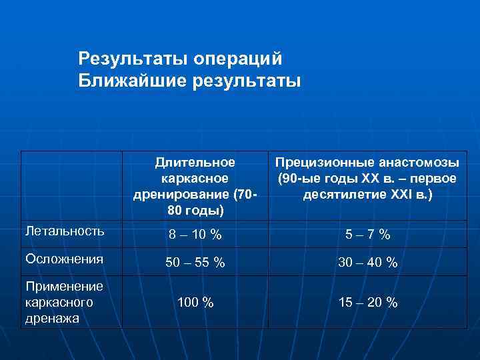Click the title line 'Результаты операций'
pyautogui.click(x=180, y=59)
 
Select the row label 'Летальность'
pyautogui.click(x=64, y=231)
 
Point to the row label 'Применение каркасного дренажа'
pyautogui.click(x=63, y=302)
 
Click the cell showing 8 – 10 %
pyautogui.click(x=195, y=235)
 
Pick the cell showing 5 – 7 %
pyautogui.click(x=368, y=235)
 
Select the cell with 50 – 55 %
pyautogui.click(x=195, y=263)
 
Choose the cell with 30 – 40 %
pyautogui.click(x=368, y=263)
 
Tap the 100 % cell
pyautogui.click(x=195, y=303)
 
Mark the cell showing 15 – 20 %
pyautogui.click(x=368, y=303)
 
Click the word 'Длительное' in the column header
pyautogui.click(x=195, y=163)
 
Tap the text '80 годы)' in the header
pyautogui.click(x=195, y=211)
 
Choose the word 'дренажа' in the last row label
pyautogui.click(x=52, y=318)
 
